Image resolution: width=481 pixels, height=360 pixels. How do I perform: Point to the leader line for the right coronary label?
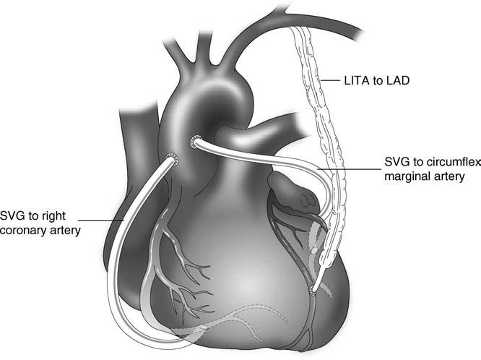(101, 219)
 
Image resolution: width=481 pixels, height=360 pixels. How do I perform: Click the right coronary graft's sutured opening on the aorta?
(170, 158)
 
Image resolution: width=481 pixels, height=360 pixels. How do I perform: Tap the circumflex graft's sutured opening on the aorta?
(194, 141)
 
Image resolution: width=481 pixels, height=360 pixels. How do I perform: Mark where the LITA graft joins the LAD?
(313, 291)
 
